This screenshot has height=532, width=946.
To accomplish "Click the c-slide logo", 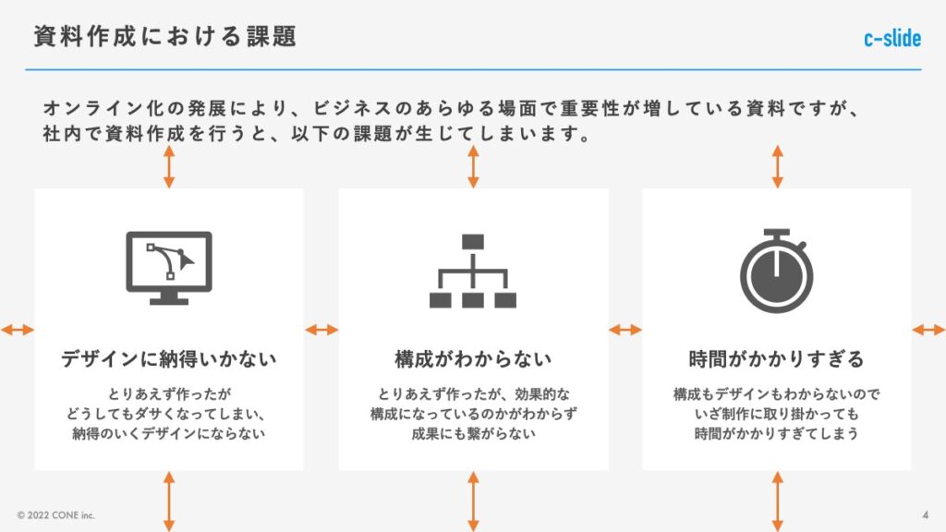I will click(892, 39).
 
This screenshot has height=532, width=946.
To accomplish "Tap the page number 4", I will click(925, 514).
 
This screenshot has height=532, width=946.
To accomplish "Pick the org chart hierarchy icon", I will click(473, 272).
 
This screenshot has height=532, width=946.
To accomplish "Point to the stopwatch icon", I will click(776, 272).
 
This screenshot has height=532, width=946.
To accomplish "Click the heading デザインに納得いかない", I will click(169, 358).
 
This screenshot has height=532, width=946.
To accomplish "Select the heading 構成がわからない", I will click(473, 358).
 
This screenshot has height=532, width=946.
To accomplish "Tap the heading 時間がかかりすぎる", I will click(776, 358).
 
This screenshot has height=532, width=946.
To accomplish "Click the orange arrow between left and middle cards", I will click(321, 330).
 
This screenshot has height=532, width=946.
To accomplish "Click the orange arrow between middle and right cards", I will click(625, 330).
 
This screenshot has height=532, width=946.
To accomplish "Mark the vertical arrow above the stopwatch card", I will click(777, 166).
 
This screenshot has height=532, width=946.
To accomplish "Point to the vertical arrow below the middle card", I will click(473, 500).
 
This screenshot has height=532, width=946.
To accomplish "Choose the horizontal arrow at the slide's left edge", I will click(17, 330).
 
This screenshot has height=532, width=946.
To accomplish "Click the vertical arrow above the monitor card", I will click(169, 166).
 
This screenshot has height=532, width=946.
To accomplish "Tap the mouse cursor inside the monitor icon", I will click(187, 261).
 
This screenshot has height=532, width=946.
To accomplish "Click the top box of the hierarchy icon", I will click(473, 242).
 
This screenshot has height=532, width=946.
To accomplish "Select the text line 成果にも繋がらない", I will click(473, 433).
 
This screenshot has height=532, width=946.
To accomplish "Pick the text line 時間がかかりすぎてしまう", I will click(776, 433).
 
